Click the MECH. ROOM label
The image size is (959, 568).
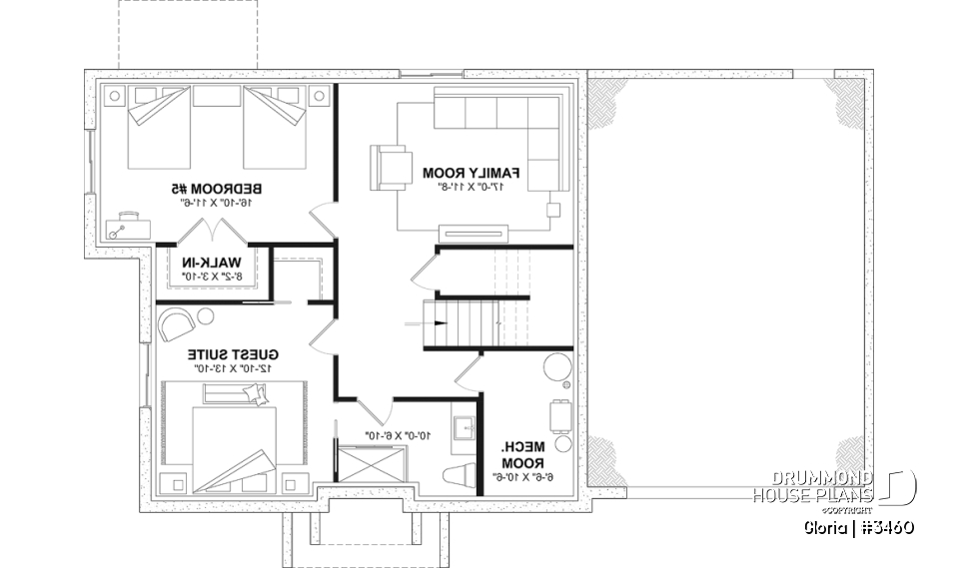[x=522, y=455]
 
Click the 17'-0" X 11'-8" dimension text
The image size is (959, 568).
[x=475, y=187]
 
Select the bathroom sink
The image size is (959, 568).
[x=463, y=430]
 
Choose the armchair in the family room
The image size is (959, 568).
[x=390, y=166]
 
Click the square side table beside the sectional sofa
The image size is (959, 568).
[x=553, y=210]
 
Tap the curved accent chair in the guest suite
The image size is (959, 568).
[x=177, y=324]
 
